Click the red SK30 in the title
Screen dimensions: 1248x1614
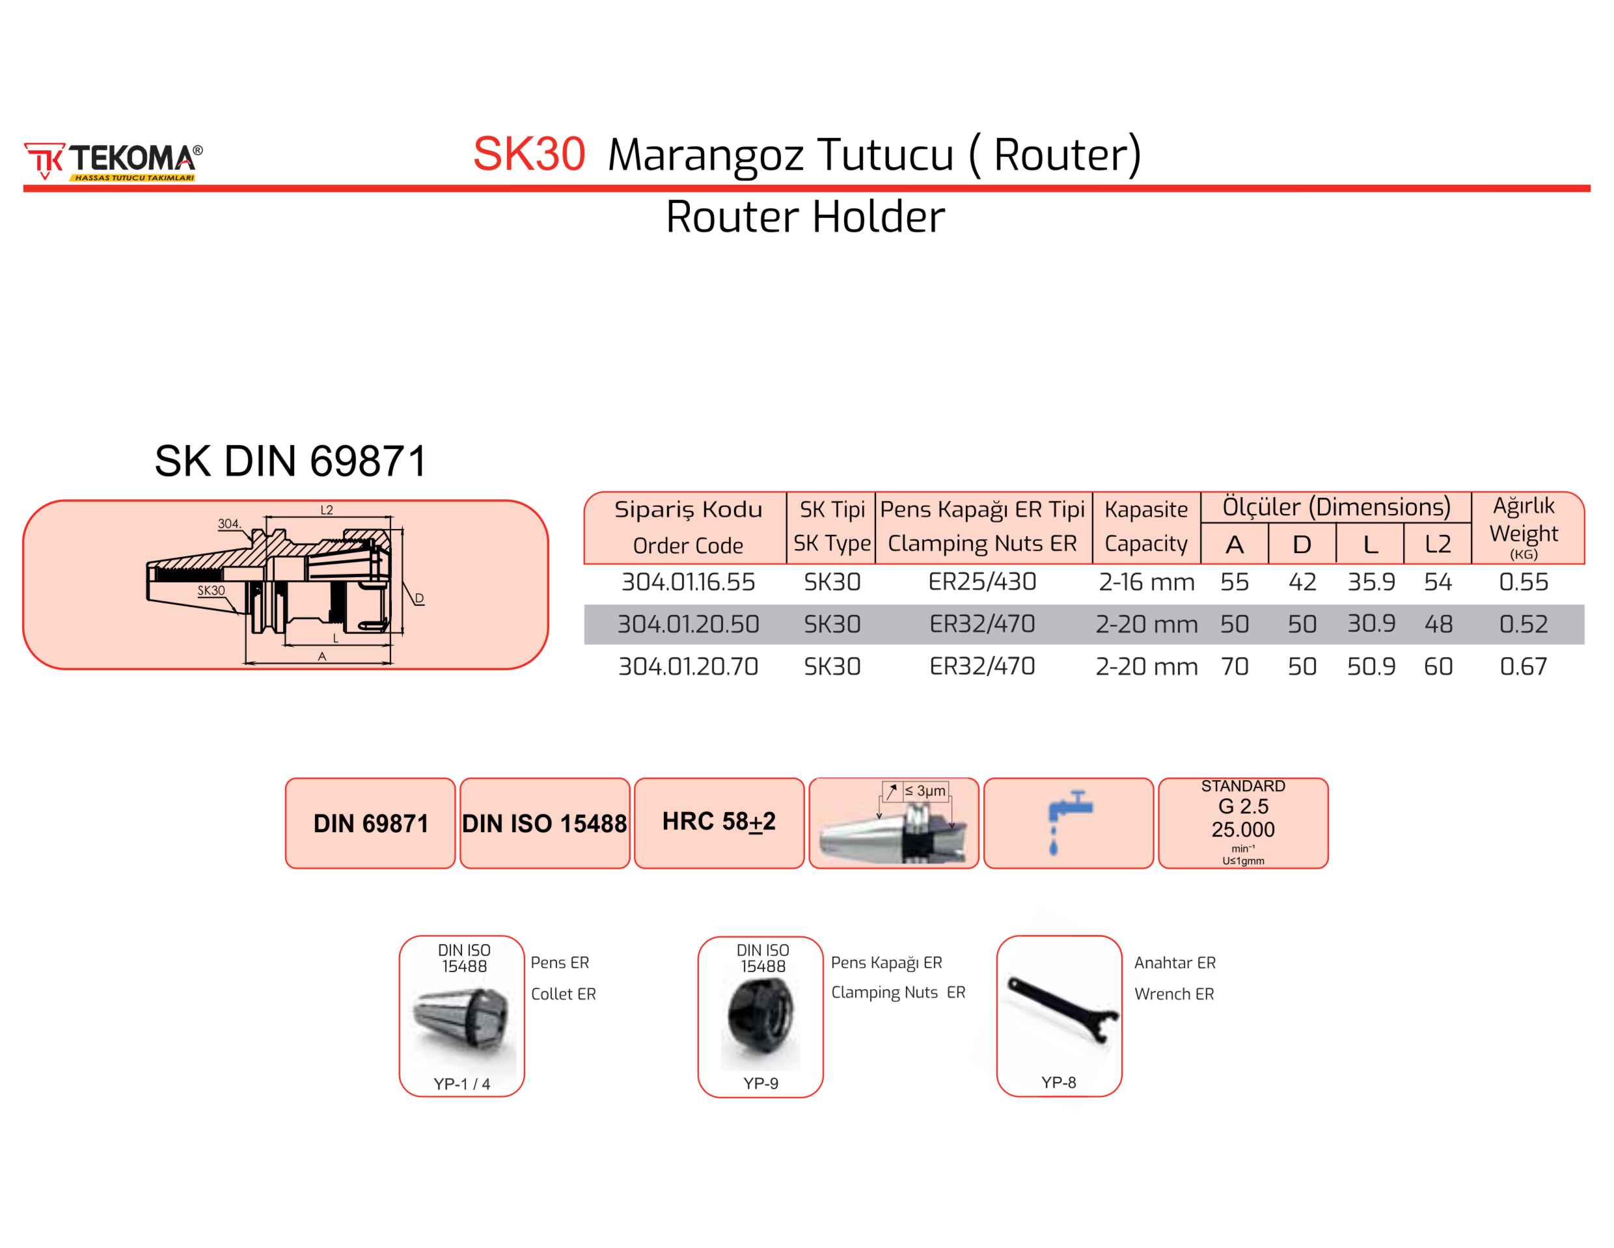pyautogui.click(x=528, y=154)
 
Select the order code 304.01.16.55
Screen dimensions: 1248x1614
pyautogui.click(x=687, y=582)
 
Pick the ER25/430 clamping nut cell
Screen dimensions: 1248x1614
pyautogui.click(x=981, y=582)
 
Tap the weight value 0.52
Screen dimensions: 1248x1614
pyautogui.click(x=1522, y=625)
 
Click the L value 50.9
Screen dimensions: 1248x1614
pyautogui.click(x=1371, y=666)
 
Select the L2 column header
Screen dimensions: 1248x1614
pyautogui.click(x=1438, y=545)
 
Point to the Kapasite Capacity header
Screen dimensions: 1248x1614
pyautogui.click(x=1145, y=526)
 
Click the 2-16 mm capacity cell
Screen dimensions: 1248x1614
pyautogui.click(x=1145, y=582)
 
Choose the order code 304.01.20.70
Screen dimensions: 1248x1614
pyautogui.click(x=687, y=666)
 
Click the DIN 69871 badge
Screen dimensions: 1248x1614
pyautogui.click(x=370, y=823)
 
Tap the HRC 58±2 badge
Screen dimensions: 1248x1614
pyautogui.click(x=718, y=822)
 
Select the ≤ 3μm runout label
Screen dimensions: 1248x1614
pyautogui.click(x=925, y=791)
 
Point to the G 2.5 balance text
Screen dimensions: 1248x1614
pyautogui.click(x=1243, y=806)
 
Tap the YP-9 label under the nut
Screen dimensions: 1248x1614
pyautogui.click(x=760, y=1083)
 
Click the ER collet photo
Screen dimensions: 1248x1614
pyautogui.click(x=463, y=1020)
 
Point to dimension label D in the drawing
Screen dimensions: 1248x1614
pyautogui.click(x=419, y=599)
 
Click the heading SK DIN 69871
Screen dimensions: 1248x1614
pyautogui.click(x=290, y=461)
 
